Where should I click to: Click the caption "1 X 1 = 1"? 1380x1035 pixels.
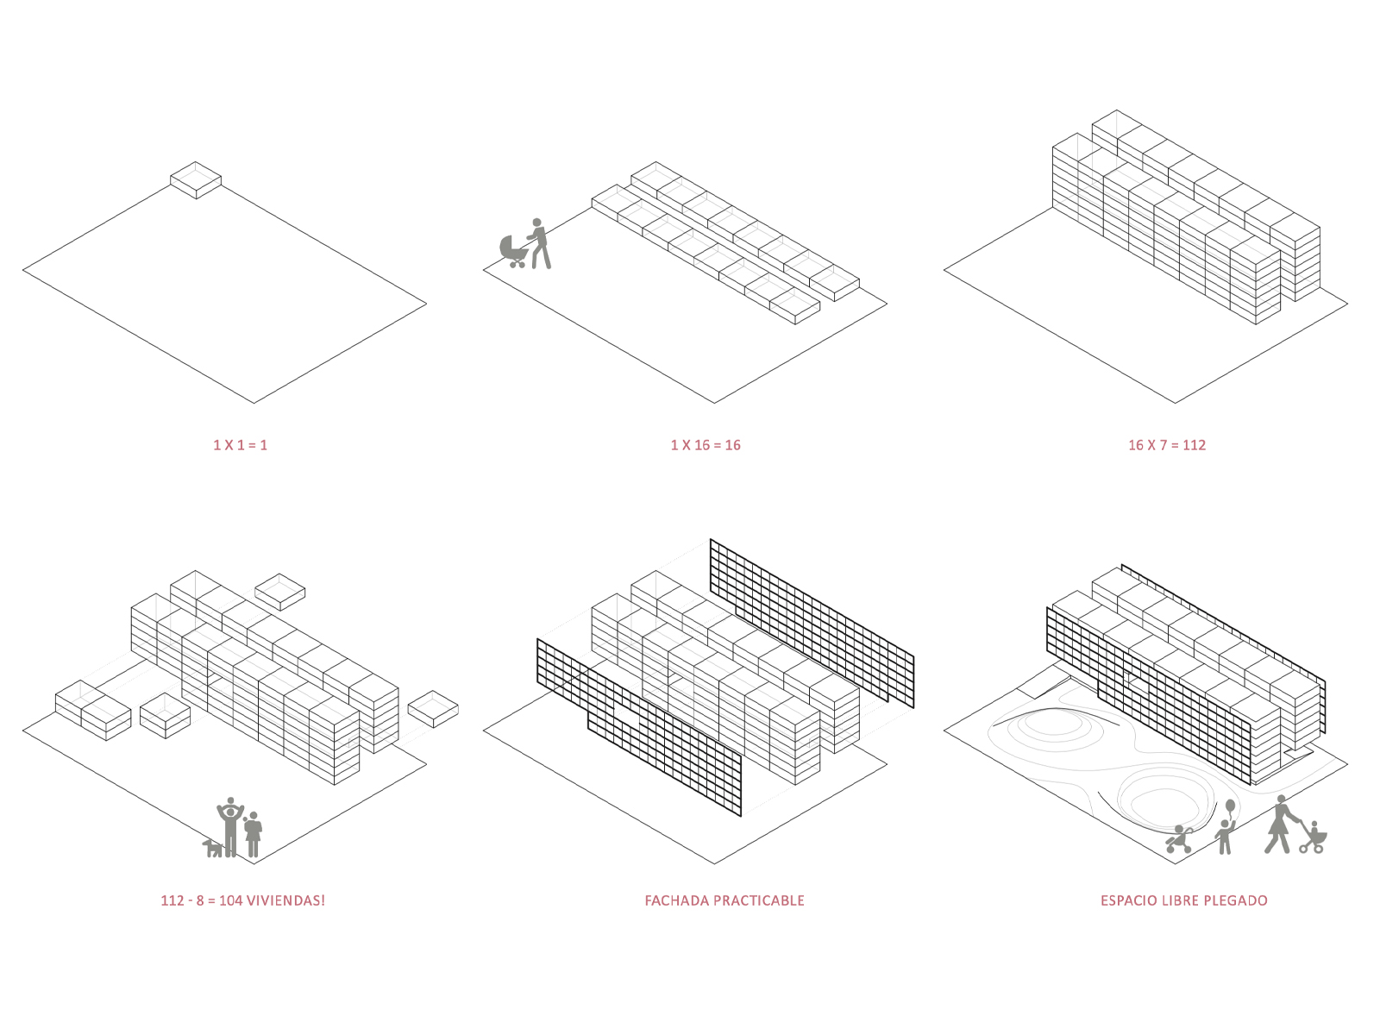pos(240,445)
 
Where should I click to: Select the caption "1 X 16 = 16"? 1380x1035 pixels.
pos(706,445)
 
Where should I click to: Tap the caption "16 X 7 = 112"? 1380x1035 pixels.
pos(1166,445)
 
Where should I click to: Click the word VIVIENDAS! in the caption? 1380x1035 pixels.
pos(285,900)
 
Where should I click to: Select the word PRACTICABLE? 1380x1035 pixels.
pos(761,900)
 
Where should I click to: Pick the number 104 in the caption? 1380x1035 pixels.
pos(230,900)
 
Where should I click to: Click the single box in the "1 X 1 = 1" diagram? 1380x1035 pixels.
pos(196,179)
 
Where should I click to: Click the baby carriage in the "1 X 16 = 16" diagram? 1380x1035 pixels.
pos(514,250)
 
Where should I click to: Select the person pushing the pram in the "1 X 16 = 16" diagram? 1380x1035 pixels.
pos(539,243)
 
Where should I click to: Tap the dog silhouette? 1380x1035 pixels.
pos(212,848)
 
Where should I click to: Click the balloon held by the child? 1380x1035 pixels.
pos(1230,807)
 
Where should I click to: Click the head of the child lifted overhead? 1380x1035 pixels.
pos(230,802)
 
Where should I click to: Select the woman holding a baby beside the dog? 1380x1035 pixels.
pos(253,833)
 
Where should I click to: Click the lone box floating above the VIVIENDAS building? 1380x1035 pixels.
pos(280,591)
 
